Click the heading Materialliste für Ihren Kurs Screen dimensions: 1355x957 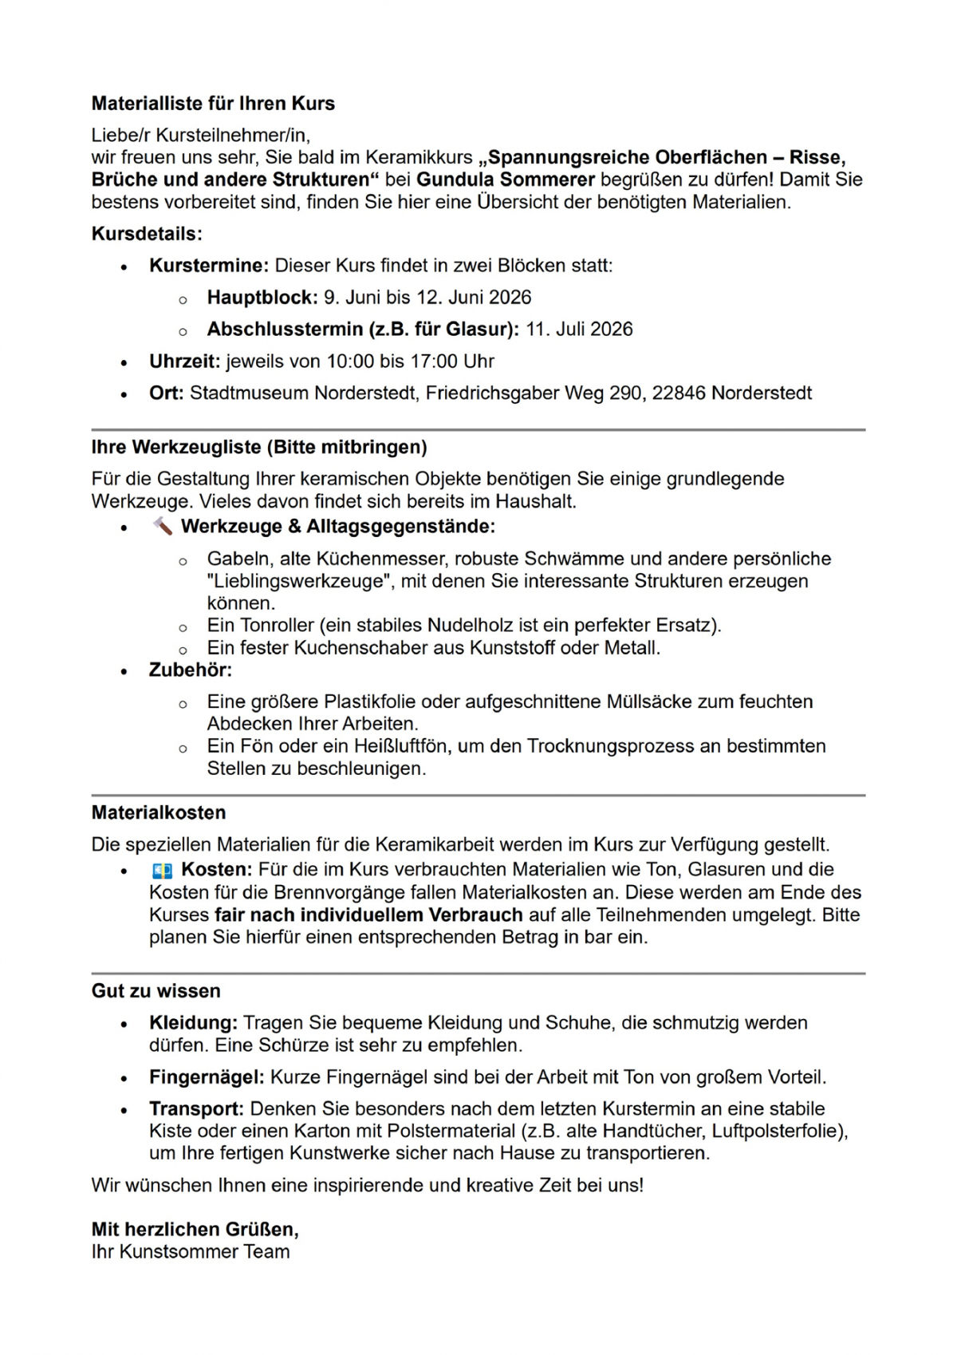[213, 104]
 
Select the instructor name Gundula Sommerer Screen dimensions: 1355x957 [506, 180]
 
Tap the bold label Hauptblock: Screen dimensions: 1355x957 [262, 298]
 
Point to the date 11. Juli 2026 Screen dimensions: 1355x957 [579, 330]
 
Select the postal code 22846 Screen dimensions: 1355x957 [679, 393]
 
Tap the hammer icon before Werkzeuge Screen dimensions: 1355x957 [163, 527]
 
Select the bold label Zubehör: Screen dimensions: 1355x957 [191, 670]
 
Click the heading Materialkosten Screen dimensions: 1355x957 [159, 813]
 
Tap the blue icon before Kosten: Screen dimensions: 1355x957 [163, 871]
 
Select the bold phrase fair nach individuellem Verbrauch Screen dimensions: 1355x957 [368, 915]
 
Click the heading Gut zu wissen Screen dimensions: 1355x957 [156, 992]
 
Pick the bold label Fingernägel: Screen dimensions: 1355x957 [207, 1078]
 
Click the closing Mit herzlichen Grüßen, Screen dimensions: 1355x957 [195, 1230]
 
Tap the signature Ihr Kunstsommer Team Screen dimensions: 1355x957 [191, 1252]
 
